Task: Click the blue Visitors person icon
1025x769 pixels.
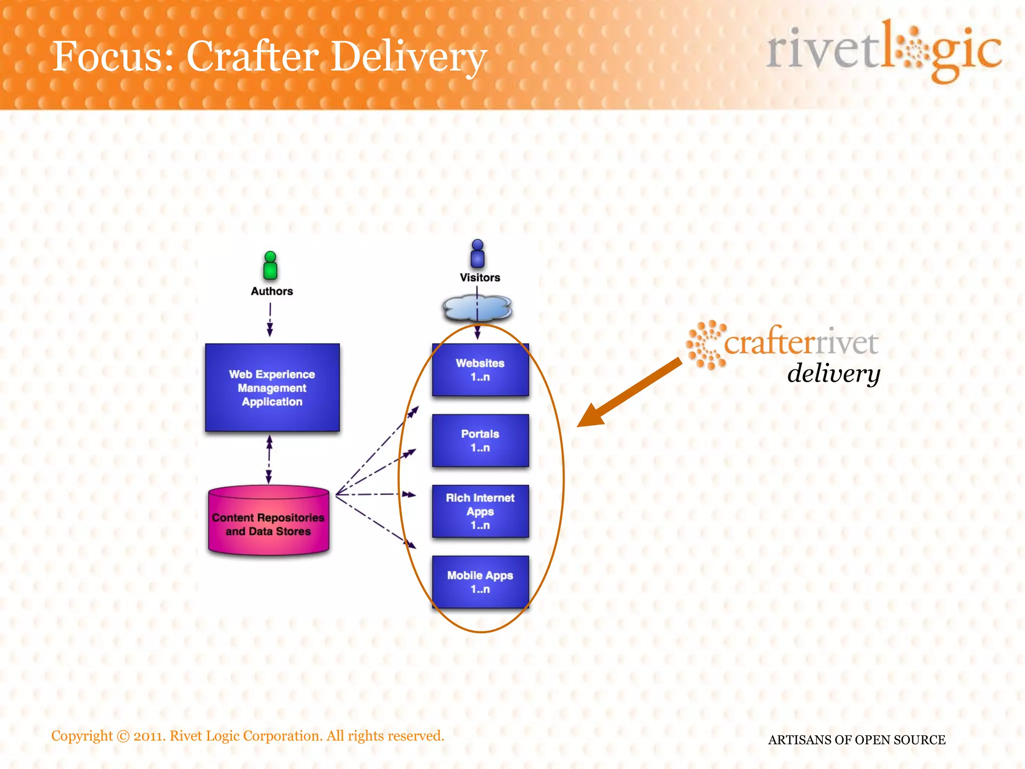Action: coord(477,253)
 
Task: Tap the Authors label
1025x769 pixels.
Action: coord(272,291)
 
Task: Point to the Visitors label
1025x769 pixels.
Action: coord(480,278)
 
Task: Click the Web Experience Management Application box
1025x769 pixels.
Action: coord(272,388)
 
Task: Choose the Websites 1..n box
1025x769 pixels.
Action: coord(480,370)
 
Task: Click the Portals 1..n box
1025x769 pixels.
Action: coord(480,441)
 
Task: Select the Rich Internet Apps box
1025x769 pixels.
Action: coord(480,511)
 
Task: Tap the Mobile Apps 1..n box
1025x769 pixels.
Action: coord(480,582)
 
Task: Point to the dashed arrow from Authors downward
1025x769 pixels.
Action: coord(270,319)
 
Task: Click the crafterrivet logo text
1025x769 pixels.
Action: coord(801,343)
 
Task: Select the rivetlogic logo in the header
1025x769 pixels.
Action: coord(883,50)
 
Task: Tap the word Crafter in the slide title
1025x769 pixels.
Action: coord(253,56)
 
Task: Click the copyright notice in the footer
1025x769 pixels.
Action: coord(248,736)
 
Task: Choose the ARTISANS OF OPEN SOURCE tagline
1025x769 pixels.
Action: coord(856,740)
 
